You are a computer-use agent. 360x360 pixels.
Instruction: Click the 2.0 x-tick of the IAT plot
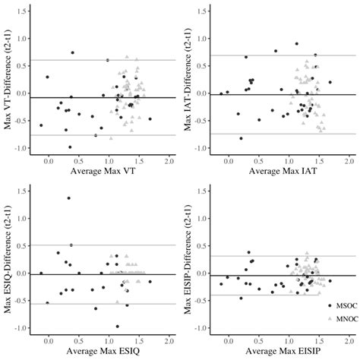click(x=349, y=162)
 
